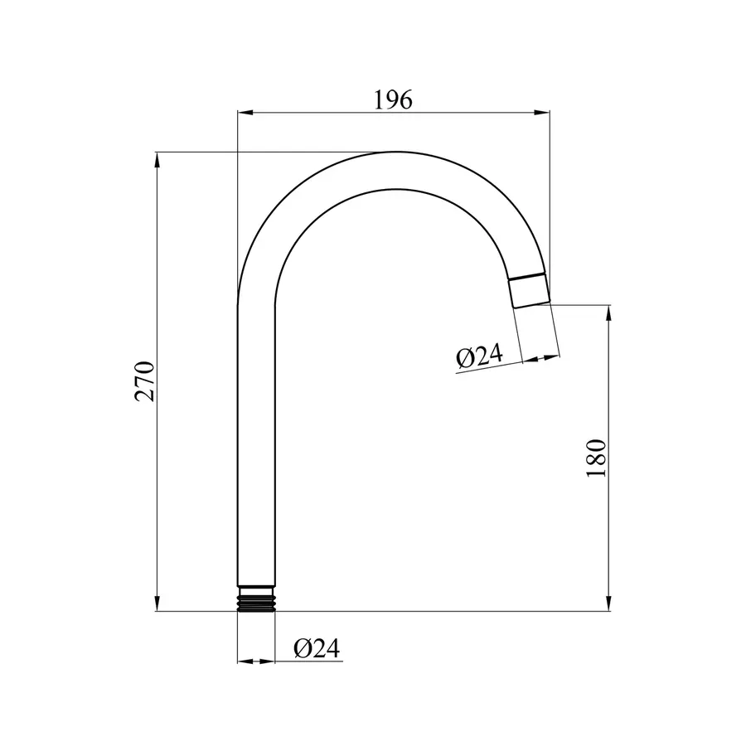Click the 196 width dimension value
point(393,100)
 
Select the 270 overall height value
point(145,381)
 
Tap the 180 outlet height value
point(596,458)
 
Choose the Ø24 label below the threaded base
point(317,648)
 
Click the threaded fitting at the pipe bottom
point(256,598)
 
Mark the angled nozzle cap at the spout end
point(529,291)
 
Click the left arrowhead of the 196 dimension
point(245,113)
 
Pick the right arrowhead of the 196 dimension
point(542,113)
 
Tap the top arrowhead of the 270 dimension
point(157,160)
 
